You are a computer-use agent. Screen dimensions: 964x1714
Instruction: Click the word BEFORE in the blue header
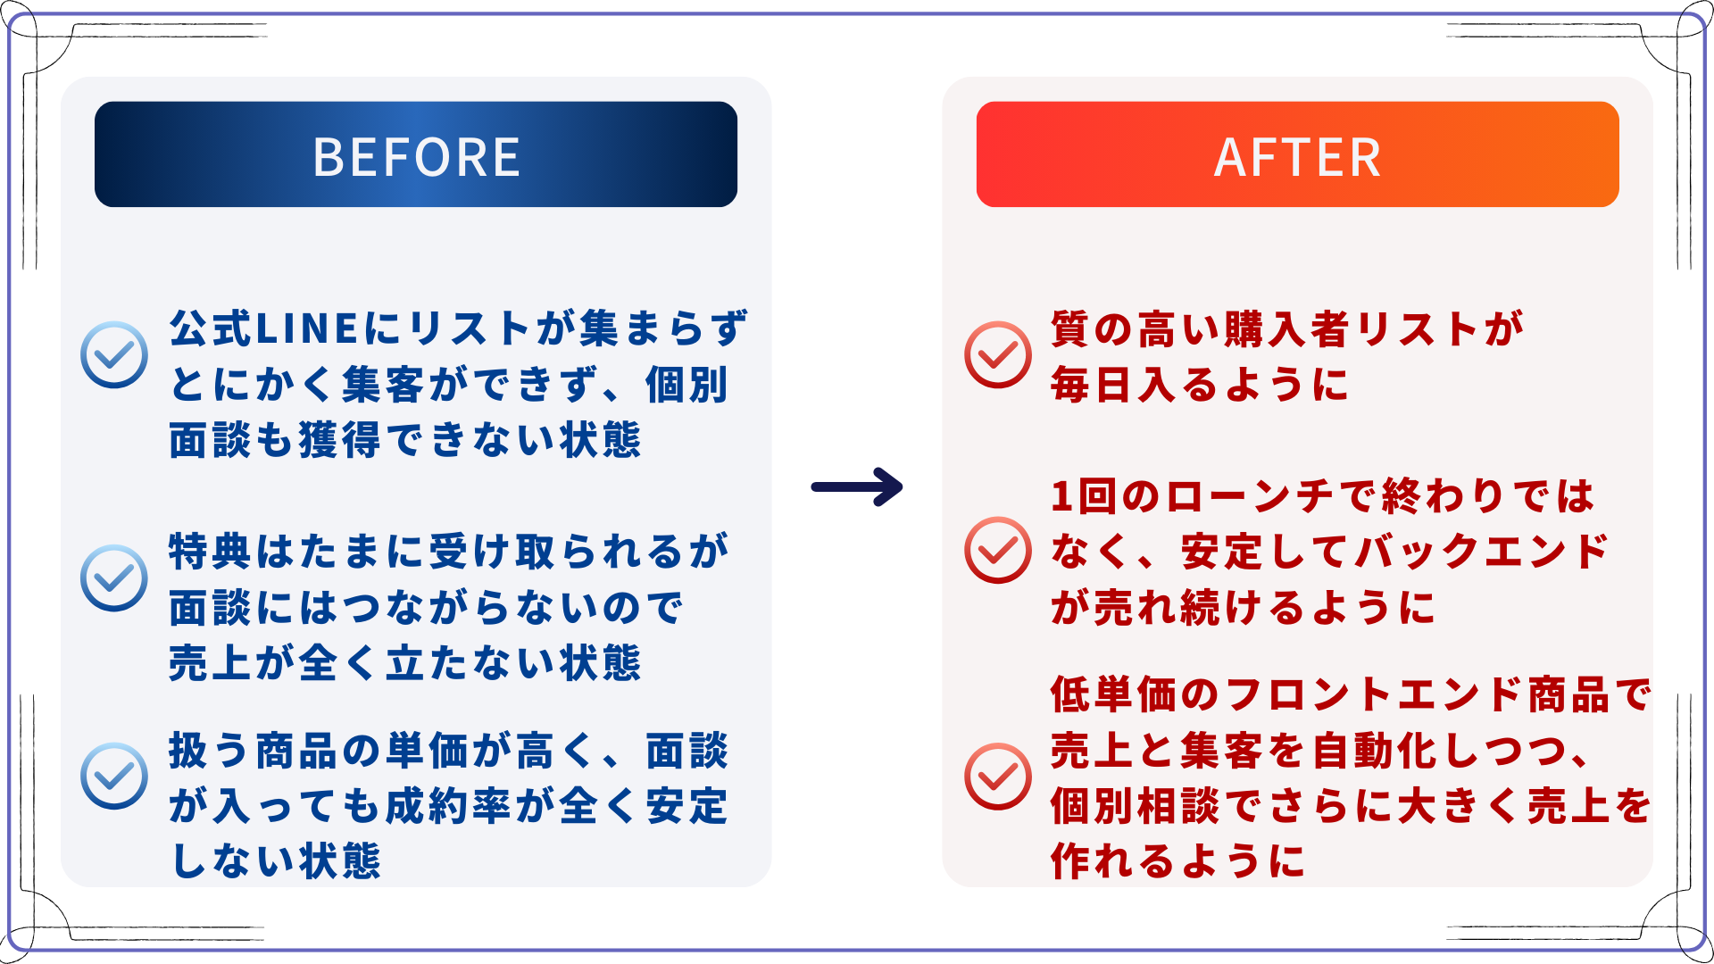point(416,157)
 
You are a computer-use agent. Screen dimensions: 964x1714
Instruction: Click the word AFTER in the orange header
point(1297,157)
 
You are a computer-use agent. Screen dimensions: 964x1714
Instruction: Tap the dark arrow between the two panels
point(857,487)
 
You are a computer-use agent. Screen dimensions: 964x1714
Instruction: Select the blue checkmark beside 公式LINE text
point(114,354)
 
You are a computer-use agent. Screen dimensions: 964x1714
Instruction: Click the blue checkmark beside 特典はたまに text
point(114,578)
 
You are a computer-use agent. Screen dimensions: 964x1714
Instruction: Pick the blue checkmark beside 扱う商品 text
point(114,776)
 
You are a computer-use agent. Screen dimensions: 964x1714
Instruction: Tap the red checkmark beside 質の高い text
point(998,354)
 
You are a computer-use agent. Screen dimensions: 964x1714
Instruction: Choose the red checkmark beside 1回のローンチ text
point(998,550)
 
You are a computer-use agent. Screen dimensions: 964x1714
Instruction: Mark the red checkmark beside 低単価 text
point(998,776)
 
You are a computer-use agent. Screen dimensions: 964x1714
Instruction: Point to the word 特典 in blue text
point(211,552)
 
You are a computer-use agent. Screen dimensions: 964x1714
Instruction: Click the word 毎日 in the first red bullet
point(1093,385)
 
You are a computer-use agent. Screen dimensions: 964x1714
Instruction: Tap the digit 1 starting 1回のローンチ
point(1061,496)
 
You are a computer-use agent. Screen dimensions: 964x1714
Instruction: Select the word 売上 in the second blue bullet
point(211,663)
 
